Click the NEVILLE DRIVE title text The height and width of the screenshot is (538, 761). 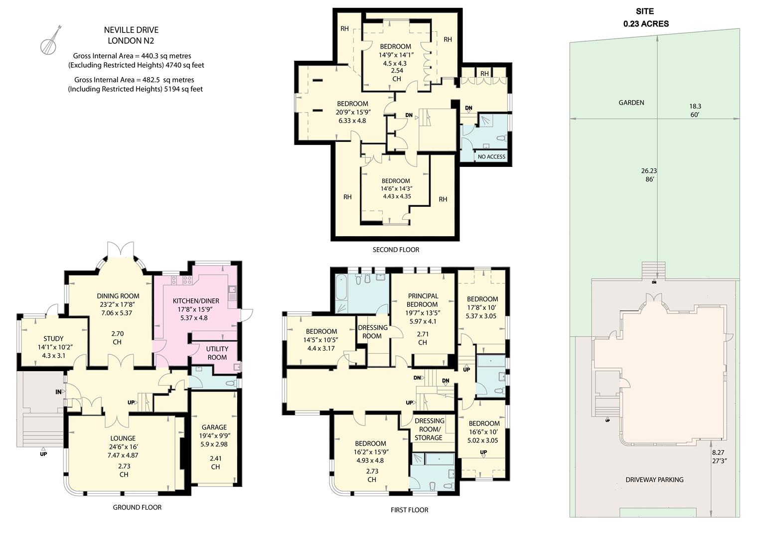[131, 30]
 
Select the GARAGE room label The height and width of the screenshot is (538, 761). [214, 427]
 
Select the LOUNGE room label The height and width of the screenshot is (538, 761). [123, 438]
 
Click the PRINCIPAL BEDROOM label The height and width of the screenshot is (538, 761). [422, 300]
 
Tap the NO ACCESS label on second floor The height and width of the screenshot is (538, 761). [491, 156]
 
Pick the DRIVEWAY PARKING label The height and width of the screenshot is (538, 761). [654, 480]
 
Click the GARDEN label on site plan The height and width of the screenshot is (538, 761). [631, 103]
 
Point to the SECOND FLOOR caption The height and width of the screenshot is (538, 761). [396, 250]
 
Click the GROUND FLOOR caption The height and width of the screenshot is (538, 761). [137, 507]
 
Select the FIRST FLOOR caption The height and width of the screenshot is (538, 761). [409, 510]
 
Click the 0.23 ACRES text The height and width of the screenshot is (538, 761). [646, 23]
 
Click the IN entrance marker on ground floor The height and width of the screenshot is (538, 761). [58, 392]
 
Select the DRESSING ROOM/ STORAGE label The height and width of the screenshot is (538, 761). [429, 429]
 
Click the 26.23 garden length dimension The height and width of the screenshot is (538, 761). [649, 170]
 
